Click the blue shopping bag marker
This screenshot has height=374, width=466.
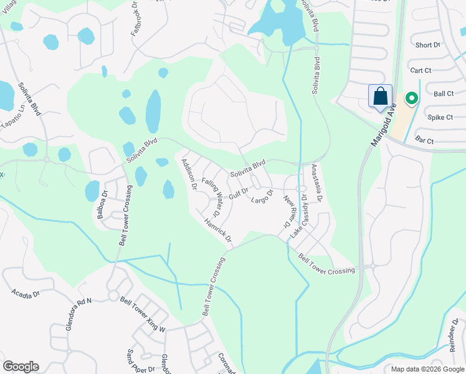tap(381, 97)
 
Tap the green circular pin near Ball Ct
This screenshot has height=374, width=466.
tap(411, 99)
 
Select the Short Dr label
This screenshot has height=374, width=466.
tap(427, 45)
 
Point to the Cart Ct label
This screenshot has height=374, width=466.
tap(422, 70)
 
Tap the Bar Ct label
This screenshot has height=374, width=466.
tap(423, 141)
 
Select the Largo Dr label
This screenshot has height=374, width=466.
tap(262, 196)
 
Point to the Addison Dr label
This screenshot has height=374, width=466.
tap(188, 174)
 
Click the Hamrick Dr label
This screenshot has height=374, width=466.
tap(217, 229)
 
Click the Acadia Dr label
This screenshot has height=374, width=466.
tap(25, 292)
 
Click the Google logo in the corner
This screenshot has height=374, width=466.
tap(21, 367)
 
